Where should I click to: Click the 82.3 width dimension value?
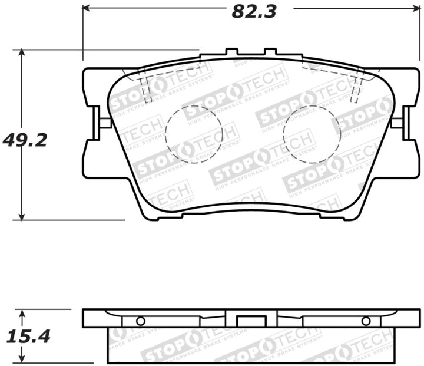[253, 11]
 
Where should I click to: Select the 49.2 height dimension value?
[25, 140]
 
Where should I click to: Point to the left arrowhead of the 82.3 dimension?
[86, 8]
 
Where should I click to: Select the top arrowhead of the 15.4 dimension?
[22, 313]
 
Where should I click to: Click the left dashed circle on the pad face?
[194, 134]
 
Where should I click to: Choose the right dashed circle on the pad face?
[312, 134]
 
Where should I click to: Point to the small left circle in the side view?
[140, 321]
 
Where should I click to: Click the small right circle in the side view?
[366, 321]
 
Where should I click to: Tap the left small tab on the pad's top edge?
[231, 53]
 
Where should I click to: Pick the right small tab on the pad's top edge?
[270, 53]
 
